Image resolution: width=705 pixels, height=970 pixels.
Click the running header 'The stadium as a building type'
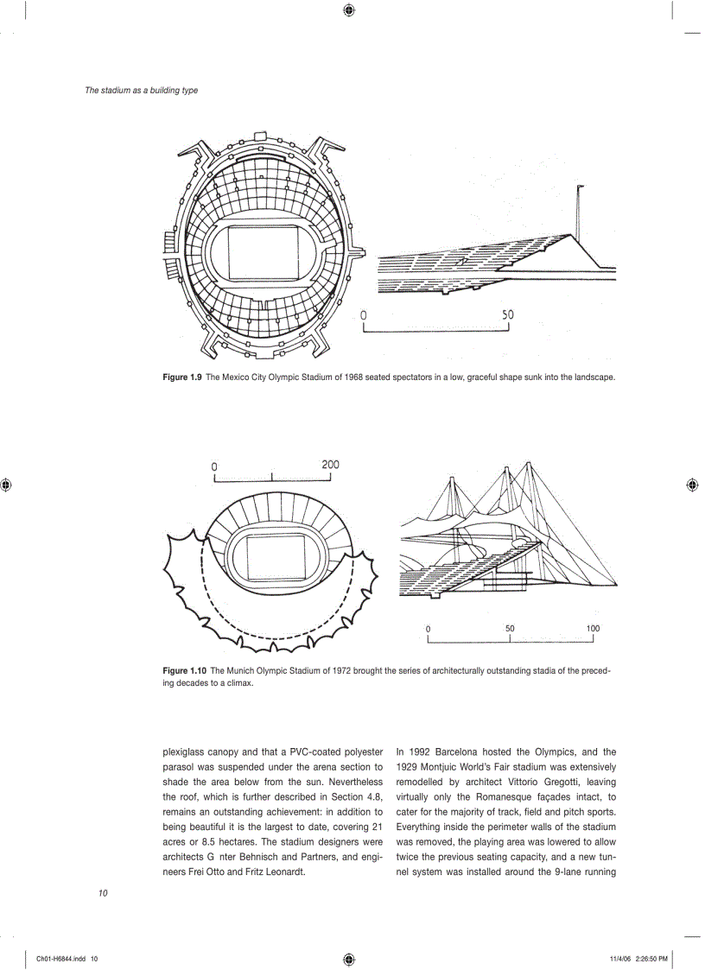pos(141,90)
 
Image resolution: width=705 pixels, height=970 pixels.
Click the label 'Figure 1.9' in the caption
pos(182,377)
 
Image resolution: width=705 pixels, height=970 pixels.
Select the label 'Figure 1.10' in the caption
pos(185,670)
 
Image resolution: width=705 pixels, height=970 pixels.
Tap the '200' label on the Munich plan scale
pos(330,465)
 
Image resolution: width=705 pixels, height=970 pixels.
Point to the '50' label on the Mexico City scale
pos(507,315)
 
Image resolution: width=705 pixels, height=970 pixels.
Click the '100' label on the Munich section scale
pos(593,629)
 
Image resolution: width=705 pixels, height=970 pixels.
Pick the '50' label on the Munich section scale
pos(510,629)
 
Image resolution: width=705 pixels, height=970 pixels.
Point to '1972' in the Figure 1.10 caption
pos(346,670)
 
